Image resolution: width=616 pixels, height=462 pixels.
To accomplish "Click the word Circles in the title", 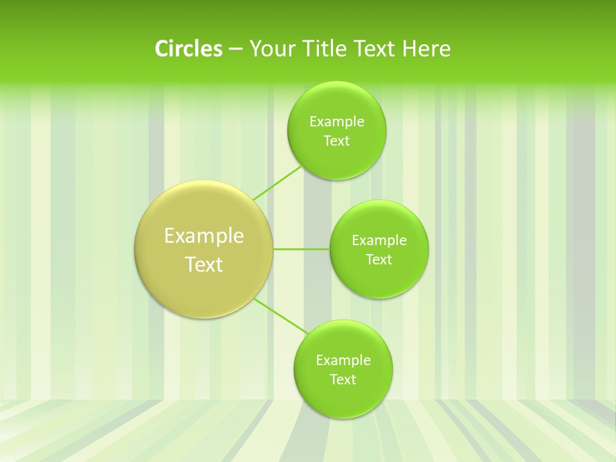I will (x=188, y=49).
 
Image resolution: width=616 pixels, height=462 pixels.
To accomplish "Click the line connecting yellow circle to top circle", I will (x=277, y=183).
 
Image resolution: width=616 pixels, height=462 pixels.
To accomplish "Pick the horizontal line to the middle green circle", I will (x=302, y=249).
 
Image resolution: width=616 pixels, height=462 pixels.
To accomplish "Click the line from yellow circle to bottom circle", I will (x=281, y=316).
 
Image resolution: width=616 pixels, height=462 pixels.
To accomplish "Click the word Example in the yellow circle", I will (x=204, y=236).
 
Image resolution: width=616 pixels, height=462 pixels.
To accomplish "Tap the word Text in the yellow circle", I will (x=204, y=264).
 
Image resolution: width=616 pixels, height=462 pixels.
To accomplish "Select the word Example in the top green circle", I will (x=336, y=122).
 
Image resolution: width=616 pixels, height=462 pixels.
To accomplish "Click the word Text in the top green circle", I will (x=336, y=141).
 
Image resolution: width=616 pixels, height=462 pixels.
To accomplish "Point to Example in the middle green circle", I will (x=379, y=241).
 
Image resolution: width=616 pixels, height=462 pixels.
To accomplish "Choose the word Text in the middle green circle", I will (x=379, y=260).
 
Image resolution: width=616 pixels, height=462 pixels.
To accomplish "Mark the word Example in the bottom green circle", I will (x=343, y=361).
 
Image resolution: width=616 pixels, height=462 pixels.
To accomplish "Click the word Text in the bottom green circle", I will (x=343, y=380).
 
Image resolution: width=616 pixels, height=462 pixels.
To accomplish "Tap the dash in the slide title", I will (x=235, y=49).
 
